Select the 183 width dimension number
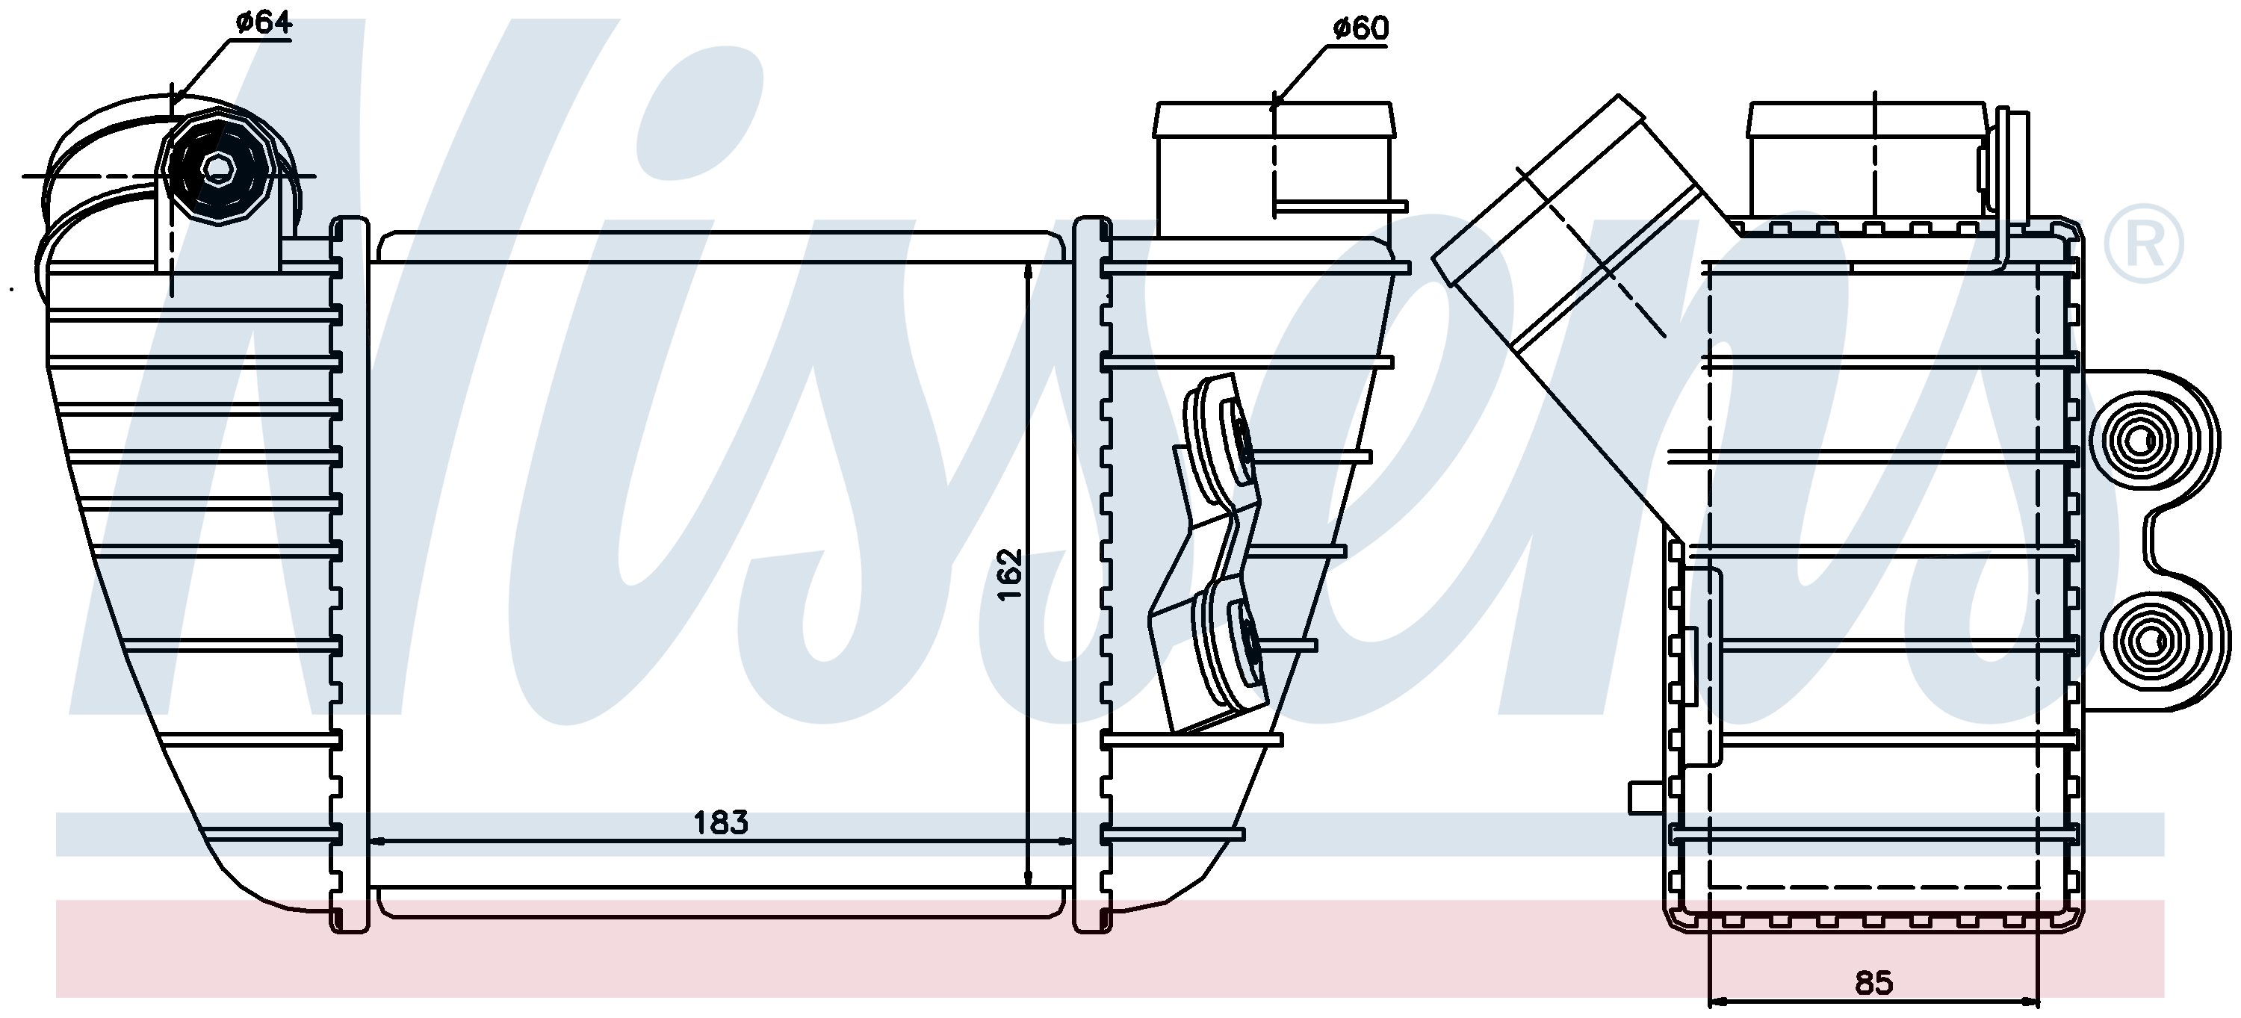click(721, 822)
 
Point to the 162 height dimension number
click(1009, 574)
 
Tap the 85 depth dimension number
click(1874, 983)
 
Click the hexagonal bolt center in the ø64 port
click(214, 168)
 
